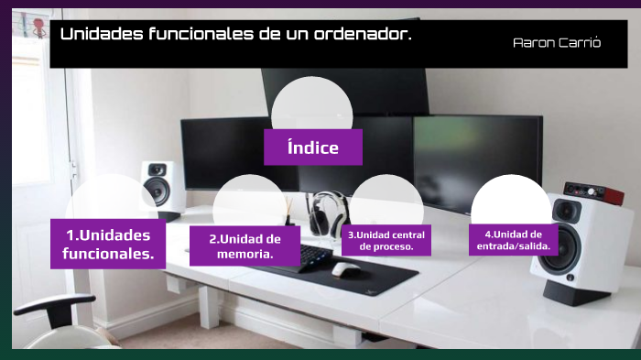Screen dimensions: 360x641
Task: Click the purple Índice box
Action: click(312, 147)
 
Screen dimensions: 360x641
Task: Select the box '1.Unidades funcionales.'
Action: click(108, 244)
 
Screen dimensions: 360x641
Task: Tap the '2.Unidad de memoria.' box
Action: click(244, 245)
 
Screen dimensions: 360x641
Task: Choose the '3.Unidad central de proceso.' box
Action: click(386, 240)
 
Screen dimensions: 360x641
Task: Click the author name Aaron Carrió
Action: click(557, 43)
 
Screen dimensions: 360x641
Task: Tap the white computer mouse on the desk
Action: click(345, 269)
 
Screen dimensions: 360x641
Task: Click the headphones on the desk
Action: click(322, 213)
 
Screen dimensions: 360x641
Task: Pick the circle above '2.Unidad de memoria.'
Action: click(249, 202)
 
